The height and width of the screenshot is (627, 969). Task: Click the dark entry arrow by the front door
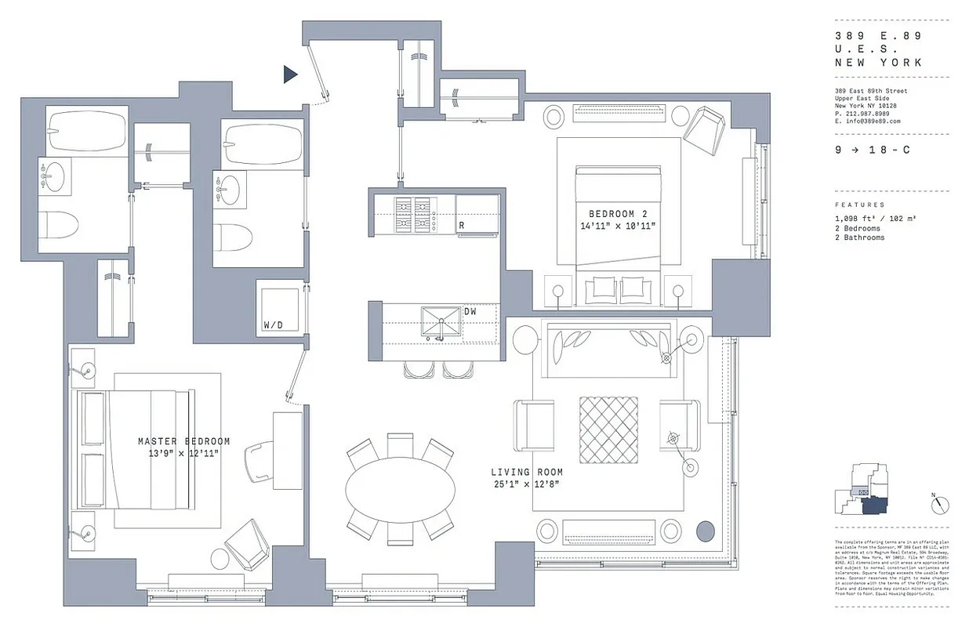(x=290, y=74)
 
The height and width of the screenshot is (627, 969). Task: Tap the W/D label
(x=272, y=324)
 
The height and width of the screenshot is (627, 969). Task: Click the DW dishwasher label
(x=470, y=311)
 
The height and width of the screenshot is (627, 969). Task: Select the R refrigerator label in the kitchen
(x=463, y=227)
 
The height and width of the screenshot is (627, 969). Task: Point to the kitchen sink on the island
(x=441, y=322)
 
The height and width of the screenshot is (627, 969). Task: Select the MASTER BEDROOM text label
(x=183, y=441)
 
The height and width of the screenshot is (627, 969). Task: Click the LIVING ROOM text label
(x=526, y=473)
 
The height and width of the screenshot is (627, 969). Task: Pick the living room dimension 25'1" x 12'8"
(x=526, y=484)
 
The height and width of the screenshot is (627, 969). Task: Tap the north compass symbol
(x=940, y=506)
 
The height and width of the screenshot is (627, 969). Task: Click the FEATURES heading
(x=859, y=205)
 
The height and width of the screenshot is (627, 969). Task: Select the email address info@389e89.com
(x=867, y=121)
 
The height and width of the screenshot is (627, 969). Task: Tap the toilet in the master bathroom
(x=60, y=225)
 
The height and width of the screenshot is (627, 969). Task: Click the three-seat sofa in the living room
(x=608, y=342)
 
